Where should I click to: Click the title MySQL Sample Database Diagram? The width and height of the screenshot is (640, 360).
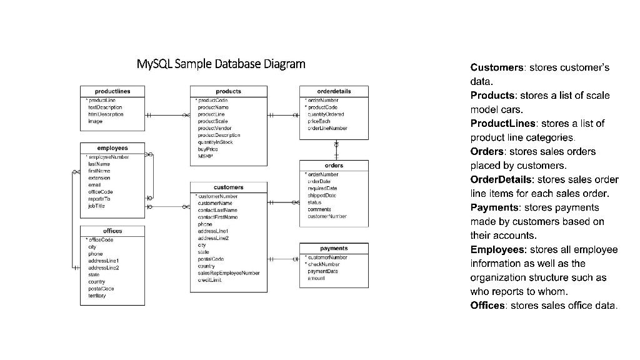(221, 64)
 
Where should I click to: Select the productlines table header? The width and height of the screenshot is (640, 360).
(112, 91)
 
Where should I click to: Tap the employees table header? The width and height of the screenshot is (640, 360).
(112, 148)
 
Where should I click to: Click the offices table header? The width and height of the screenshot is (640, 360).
(112, 231)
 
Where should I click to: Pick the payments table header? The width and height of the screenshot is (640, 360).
(334, 248)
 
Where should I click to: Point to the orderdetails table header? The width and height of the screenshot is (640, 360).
(334, 91)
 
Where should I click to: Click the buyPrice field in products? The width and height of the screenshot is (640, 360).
(207, 149)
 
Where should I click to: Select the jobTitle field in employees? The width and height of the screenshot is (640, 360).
(97, 206)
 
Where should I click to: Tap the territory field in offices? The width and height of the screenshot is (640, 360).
(97, 296)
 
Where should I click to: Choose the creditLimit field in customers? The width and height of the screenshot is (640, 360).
(210, 280)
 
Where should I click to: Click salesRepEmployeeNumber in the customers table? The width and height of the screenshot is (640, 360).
(228, 273)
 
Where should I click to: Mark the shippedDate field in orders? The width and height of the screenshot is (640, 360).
(322, 195)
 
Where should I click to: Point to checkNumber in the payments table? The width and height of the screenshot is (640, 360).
(324, 264)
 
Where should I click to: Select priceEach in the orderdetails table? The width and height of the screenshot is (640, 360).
(319, 121)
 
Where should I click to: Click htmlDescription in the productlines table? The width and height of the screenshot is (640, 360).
(106, 114)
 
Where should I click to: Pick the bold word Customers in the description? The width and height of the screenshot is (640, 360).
(497, 67)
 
